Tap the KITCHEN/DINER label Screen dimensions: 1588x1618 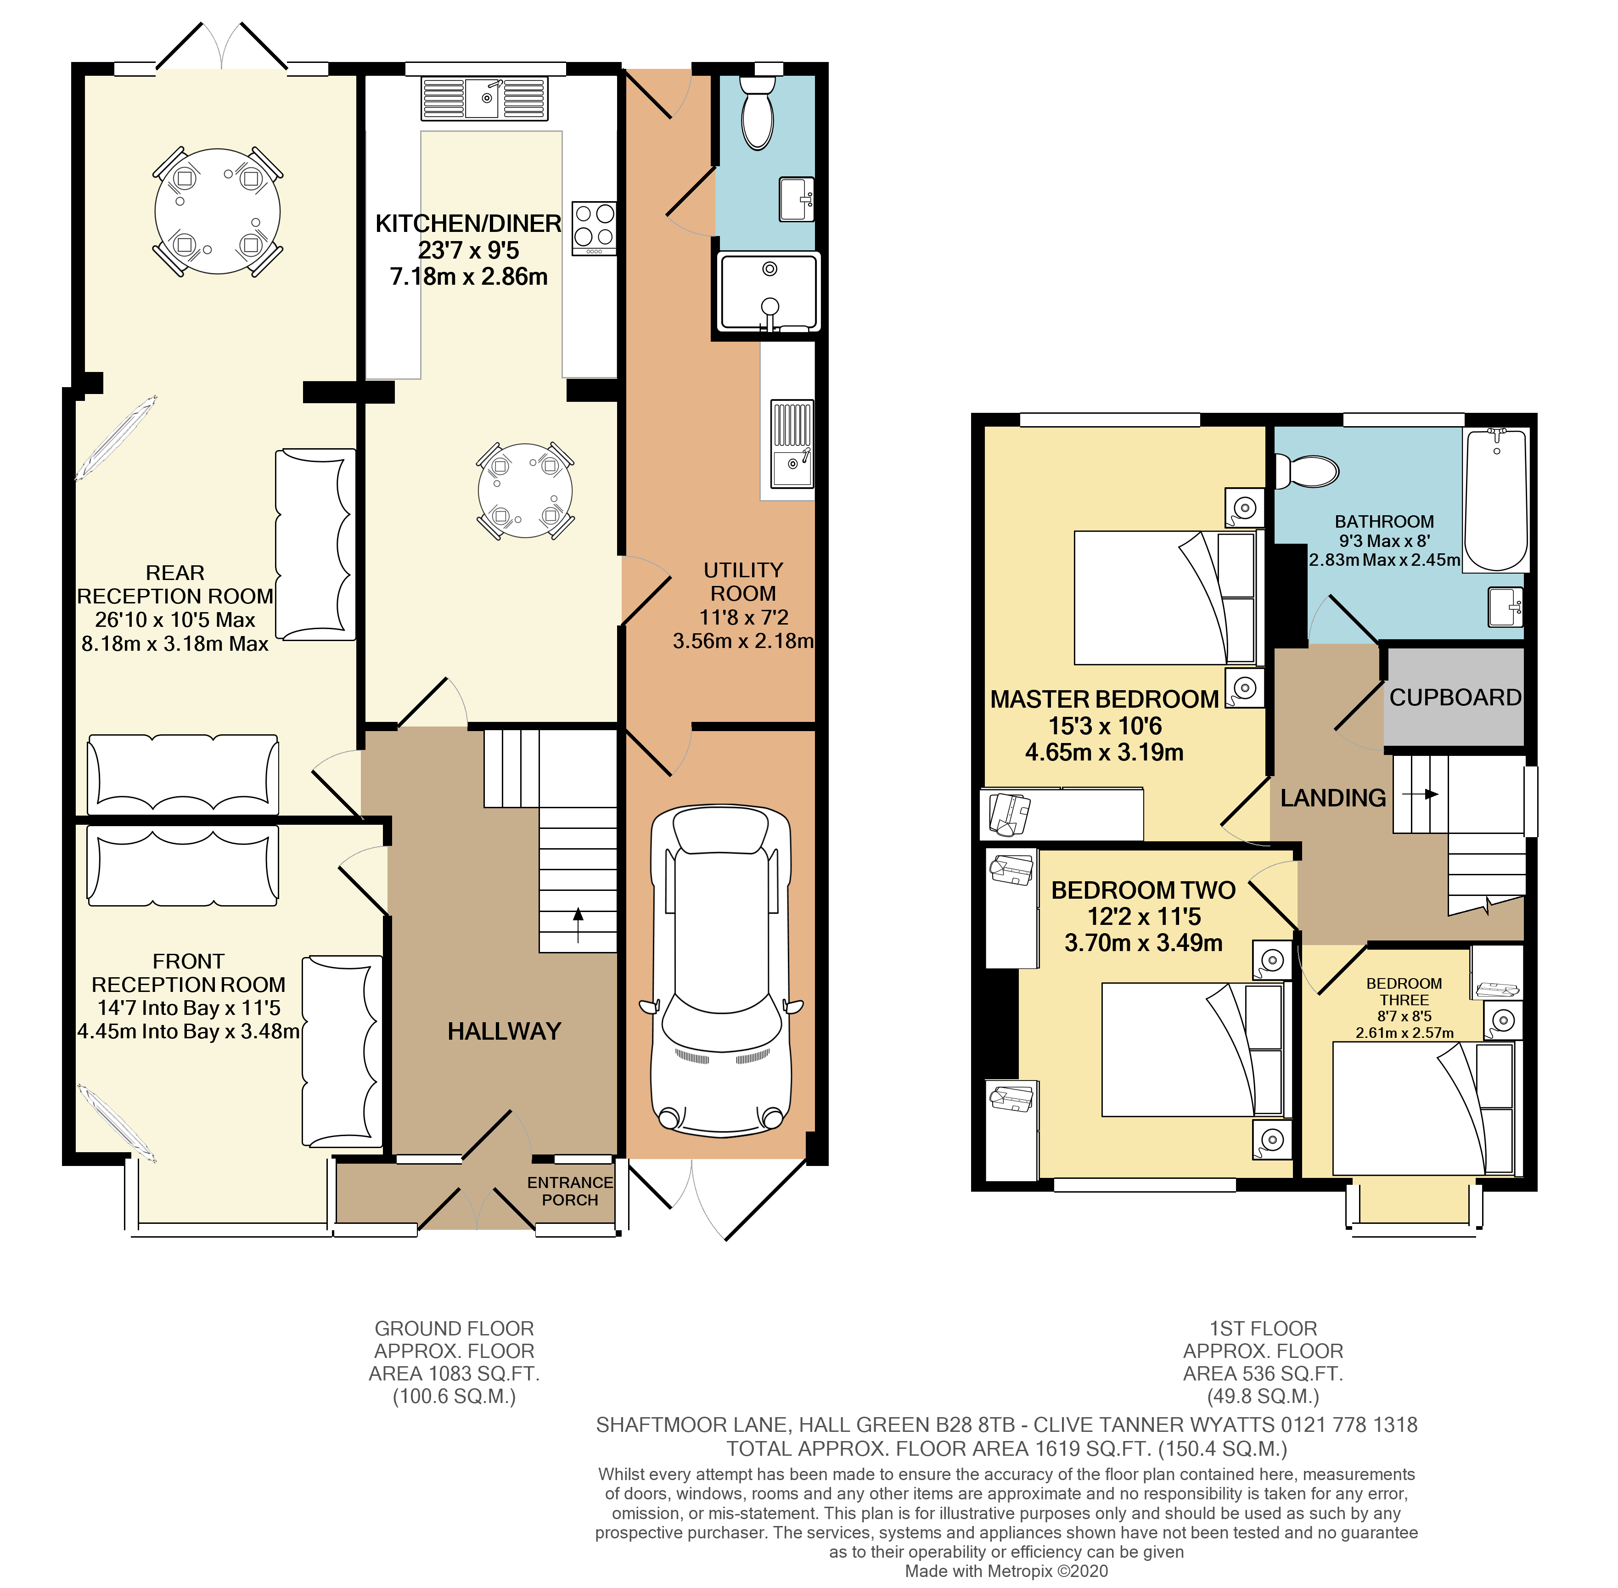[x=468, y=224]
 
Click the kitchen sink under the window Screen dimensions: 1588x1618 [x=484, y=98]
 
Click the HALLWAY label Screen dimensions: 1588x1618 [x=504, y=1032]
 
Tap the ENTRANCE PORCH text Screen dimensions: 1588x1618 [x=570, y=1191]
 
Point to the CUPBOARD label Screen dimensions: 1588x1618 [x=1455, y=697]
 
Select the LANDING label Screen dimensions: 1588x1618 [x=1333, y=798]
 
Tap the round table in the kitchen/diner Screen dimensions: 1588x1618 [x=525, y=490]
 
